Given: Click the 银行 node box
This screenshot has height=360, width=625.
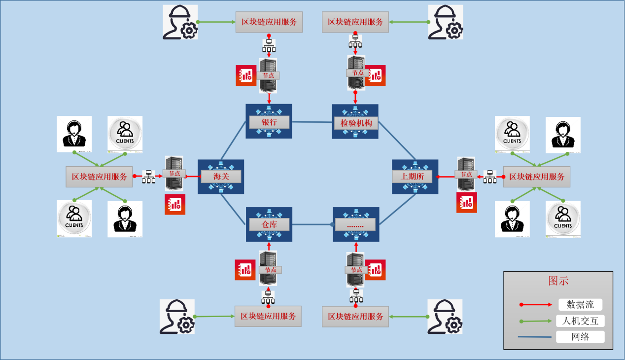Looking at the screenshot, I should tap(269, 122).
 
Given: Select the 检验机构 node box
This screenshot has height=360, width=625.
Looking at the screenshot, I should tap(355, 122).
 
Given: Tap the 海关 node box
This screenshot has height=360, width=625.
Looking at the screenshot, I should tap(220, 177).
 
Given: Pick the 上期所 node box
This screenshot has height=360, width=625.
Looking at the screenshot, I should tap(415, 177).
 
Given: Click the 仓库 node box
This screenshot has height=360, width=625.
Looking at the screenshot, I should tap(269, 224).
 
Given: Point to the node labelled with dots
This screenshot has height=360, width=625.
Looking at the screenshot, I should tap(355, 225).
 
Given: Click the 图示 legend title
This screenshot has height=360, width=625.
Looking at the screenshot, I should tap(558, 281).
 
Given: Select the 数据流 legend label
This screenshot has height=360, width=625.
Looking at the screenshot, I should tap(580, 305).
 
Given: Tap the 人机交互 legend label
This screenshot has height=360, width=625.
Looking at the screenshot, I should tap(580, 321).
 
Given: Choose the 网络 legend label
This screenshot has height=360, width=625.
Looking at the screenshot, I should tap(580, 337).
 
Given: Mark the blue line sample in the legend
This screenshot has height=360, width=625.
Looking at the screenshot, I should tap(535, 337).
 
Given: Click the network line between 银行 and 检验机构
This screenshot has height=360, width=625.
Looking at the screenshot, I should tap(312, 122).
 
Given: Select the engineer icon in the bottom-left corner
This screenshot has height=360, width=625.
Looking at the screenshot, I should tap(176, 316).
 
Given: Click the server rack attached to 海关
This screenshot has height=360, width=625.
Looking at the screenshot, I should tap(174, 173).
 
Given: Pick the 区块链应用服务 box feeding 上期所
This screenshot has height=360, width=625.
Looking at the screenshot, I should tap(536, 177).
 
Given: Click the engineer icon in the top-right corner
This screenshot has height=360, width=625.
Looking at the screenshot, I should tap(445, 22).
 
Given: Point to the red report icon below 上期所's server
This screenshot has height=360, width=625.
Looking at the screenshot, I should tap(466, 202).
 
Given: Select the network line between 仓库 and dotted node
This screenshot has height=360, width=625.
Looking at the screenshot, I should tap(312, 224).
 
